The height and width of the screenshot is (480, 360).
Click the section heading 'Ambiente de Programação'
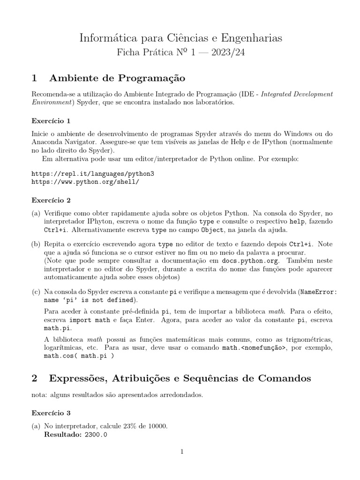pos(117,77)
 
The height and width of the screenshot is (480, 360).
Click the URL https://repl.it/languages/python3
pos(92,173)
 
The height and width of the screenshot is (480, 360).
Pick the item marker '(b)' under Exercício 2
pos(36,244)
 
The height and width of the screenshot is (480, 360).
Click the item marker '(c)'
pos(36,291)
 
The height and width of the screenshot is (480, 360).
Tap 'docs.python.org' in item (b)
pos(254,261)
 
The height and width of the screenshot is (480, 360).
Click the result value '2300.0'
pos(96,435)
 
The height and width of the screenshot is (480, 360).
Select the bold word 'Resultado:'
pos(62,435)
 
